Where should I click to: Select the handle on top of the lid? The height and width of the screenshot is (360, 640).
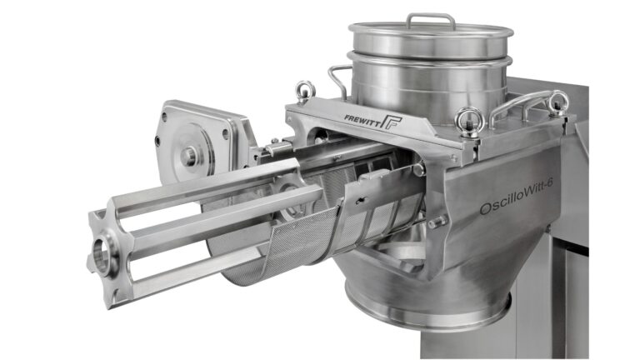(x=430, y=19)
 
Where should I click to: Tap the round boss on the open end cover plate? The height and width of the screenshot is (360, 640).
(x=191, y=154)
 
